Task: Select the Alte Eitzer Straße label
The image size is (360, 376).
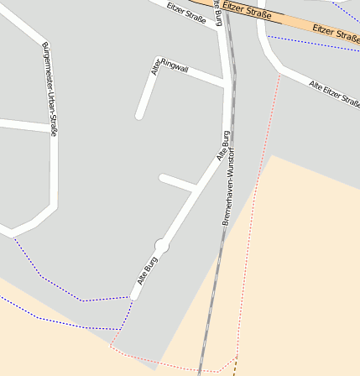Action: pyautogui.click(x=334, y=94)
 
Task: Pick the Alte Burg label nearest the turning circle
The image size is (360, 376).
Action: pyautogui.click(x=147, y=273)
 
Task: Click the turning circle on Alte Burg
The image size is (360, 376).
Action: pyautogui.click(x=163, y=245)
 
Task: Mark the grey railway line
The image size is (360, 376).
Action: pyautogui.click(x=217, y=277)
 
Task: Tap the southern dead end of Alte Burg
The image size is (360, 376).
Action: pyautogui.click(x=134, y=295)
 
